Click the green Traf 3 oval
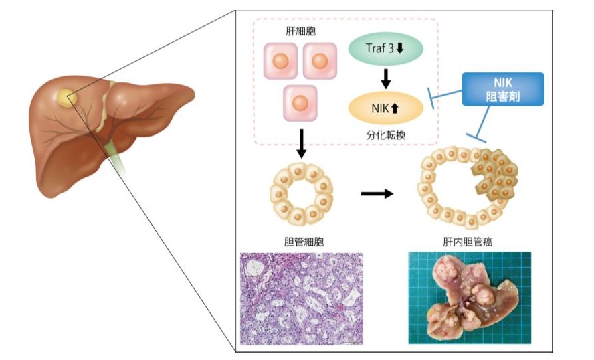click(x=385, y=50)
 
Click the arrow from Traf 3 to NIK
click(x=385, y=79)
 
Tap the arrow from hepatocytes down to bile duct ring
click(x=301, y=143)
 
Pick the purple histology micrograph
click(x=301, y=298)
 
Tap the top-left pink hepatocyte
click(x=281, y=61)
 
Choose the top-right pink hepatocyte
click(x=320, y=61)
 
